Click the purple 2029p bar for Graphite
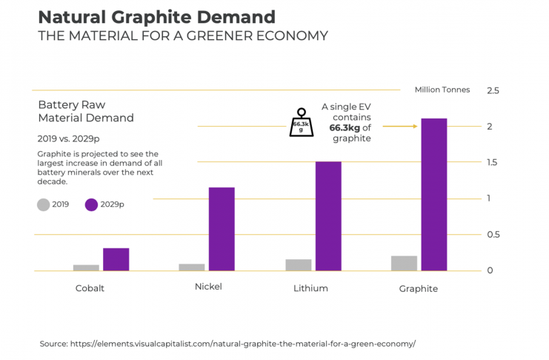433,194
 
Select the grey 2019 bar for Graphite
404,263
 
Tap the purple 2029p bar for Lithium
328,216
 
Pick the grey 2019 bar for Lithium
298,264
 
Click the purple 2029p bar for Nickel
222,229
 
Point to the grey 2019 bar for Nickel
191,267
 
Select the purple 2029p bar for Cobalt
116,259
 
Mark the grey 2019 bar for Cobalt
86,267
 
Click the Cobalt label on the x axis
90,288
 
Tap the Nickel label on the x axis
208,287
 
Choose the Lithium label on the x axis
310,288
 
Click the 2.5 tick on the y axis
492,90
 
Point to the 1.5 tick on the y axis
492,162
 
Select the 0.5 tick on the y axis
492,235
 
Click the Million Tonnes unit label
442,90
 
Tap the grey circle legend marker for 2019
44,204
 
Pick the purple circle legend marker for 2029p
91,204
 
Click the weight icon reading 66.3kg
301,124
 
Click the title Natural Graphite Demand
156,17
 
